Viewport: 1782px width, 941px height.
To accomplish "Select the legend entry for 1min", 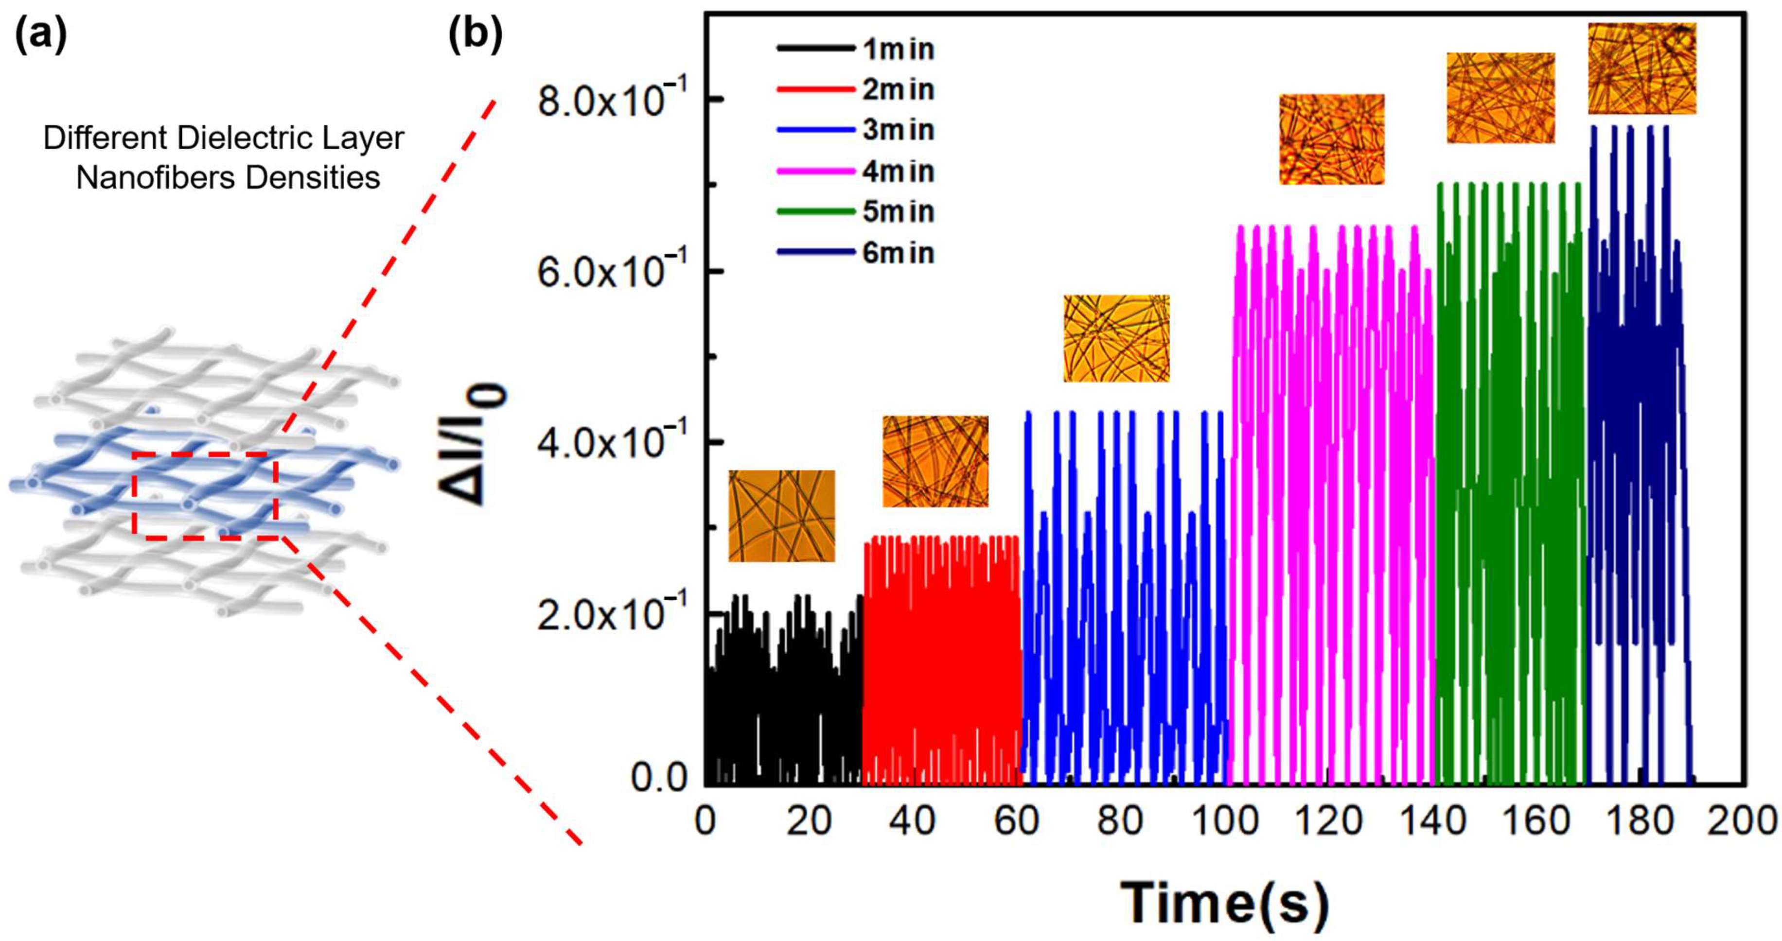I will [898, 49].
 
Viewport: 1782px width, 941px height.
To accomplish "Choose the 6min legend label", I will [898, 253].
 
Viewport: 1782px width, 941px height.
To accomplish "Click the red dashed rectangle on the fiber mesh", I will [206, 496].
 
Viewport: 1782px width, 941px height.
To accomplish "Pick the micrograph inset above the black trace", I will [782, 516].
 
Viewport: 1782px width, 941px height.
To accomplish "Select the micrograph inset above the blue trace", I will [1116, 338].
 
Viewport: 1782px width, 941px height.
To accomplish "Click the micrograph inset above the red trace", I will [935, 461].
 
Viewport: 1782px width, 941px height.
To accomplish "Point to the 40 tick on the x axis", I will [913, 822].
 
